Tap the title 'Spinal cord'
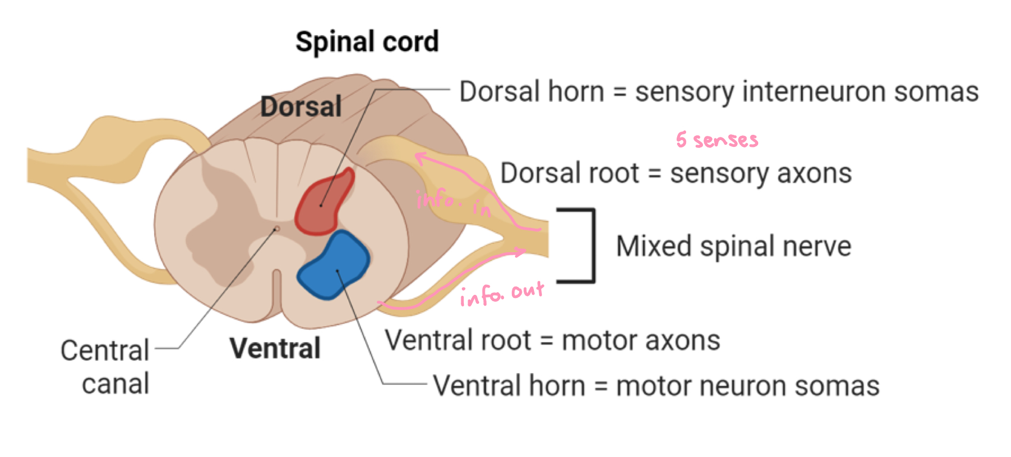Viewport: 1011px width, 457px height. [367, 42]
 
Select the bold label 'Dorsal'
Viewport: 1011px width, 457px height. [301, 106]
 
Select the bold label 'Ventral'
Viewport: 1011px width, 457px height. [275, 349]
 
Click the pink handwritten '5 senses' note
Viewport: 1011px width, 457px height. [717, 140]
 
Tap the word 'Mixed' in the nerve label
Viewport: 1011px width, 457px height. [653, 246]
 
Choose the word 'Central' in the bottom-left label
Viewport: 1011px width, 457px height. [105, 351]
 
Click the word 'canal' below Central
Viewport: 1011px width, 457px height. [115, 384]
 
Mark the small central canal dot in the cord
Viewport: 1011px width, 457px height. [276, 229]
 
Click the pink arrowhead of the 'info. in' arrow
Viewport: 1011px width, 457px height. [420, 157]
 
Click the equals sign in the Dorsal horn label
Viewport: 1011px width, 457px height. [620, 92]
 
